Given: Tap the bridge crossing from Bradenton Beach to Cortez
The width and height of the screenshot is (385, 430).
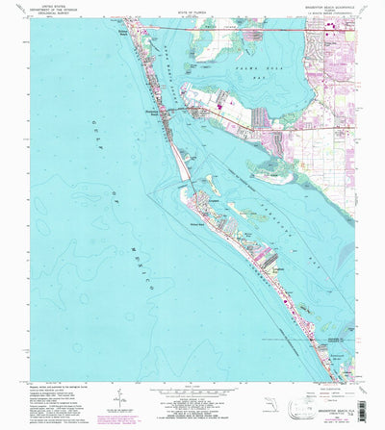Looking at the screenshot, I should pyautogui.click(x=180, y=114).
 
